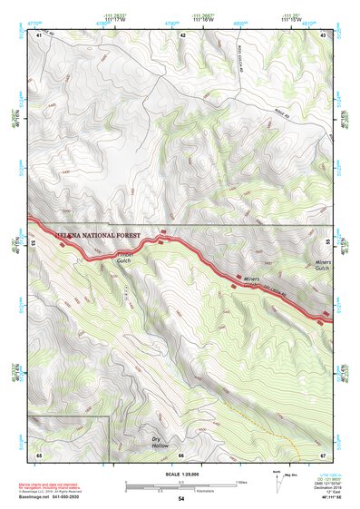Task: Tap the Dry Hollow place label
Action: (x=161, y=443)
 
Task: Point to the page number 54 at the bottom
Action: (x=181, y=499)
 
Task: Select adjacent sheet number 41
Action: (x=39, y=34)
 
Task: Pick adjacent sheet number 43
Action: (x=323, y=34)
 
